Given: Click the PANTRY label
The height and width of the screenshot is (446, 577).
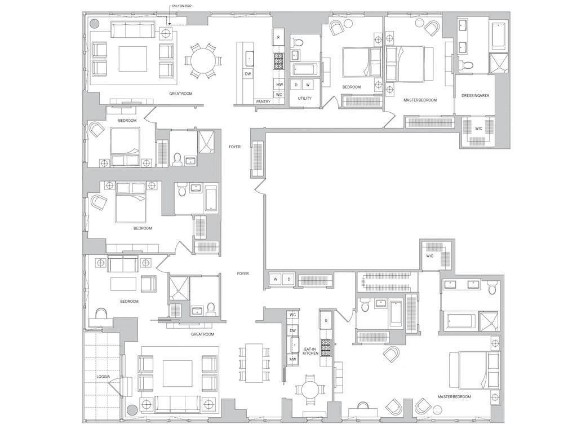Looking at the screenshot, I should tap(263, 101).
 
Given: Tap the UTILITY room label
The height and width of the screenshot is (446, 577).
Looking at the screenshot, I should tap(304, 99).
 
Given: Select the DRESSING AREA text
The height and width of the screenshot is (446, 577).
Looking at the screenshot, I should tap(475, 96).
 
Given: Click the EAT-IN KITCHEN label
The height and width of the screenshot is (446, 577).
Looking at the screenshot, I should tap(310, 351).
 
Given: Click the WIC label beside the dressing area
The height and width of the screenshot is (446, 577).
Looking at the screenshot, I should tap(478, 129).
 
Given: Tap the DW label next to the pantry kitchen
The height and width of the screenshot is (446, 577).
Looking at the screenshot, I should tap(248, 74).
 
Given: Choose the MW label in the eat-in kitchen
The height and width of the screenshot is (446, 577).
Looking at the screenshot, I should tap(292, 359).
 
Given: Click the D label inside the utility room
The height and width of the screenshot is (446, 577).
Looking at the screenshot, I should tap(296, 85).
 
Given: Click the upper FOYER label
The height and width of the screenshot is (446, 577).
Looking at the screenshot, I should tap(234, 147).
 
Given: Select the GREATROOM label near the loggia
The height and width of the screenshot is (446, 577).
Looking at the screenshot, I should tap(202, 334).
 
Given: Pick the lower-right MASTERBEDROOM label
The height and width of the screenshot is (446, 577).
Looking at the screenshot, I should tap(454, 397).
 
